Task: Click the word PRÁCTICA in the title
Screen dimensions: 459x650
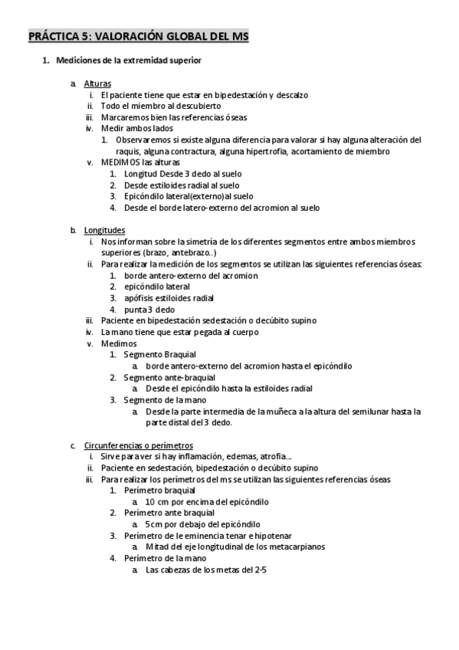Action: click(54, 35)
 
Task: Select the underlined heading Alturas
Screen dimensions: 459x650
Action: click(97, 84)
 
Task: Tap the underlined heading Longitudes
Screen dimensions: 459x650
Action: click(105, 230)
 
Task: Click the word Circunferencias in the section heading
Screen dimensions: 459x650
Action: click(113, 445)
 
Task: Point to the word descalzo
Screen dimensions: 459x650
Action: click(291, 95)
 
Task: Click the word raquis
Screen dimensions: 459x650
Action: click(127, 151)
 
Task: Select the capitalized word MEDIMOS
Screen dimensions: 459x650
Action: click(120, 162)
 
